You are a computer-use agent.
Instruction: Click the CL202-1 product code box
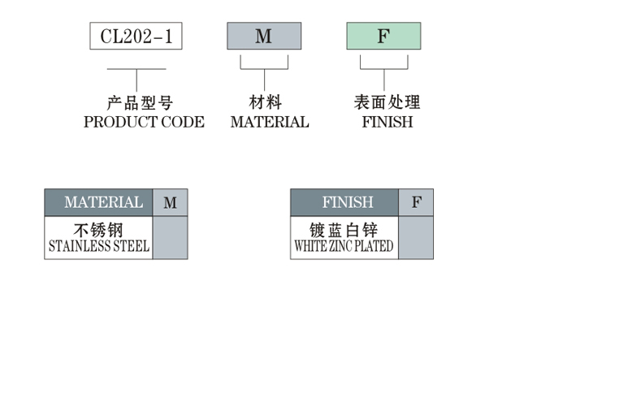tap(136, 37)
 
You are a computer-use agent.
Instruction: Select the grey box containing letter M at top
tap(264, 37)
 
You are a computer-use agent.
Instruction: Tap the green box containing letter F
tap(383, 37)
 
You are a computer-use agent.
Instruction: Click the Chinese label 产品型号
tap(141, 103)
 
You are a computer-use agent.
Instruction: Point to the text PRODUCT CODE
tap(144, 122)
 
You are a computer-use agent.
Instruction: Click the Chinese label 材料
tap(265, 103)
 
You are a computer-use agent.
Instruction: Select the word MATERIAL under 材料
tap(270, 122)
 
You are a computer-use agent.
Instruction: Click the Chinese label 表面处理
tap(387, 103)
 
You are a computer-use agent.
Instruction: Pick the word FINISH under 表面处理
tap(387, 122)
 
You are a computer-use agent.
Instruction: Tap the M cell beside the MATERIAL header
tap(170, 202)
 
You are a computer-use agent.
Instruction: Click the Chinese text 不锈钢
tap(98, 229)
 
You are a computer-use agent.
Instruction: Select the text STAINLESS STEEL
tap(99, 246)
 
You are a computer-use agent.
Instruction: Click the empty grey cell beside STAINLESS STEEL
tap(170, 237)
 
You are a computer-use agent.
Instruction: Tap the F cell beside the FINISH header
tap(416, 202)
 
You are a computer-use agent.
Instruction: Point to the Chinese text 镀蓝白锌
tap(344, 229)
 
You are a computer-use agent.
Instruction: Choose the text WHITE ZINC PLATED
tap(344, 246)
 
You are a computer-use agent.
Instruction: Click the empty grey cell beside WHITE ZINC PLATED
tap(416, 237)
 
